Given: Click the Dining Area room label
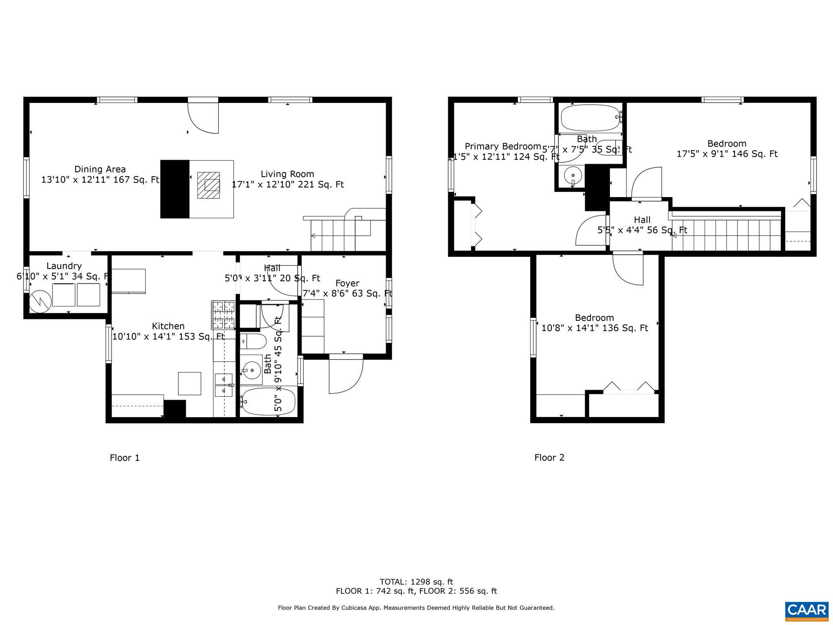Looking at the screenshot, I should coord(100,169).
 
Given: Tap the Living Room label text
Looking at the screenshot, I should coord(287,174).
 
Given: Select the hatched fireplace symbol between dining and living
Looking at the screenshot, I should coord(209,185).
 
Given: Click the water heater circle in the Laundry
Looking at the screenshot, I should coord(40,301).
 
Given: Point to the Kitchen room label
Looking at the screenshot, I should coord(168,326).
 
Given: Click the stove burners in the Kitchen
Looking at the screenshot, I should coord(223,315).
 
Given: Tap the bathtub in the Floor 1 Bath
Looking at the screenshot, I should coord(269,402).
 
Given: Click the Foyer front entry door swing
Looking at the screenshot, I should coord(345,376).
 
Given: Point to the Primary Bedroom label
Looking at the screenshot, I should coord(502,146).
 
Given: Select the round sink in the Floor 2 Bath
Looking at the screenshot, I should coord(573,176).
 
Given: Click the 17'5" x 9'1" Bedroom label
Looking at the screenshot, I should coord(727,144).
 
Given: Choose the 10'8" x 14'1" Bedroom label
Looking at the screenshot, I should coord(594,318).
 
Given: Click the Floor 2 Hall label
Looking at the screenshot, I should coord(642,220).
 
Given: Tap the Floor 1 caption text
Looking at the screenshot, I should coord(125,457).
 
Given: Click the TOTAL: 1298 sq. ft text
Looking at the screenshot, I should coord(416,582).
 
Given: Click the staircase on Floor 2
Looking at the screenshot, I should coord(727,235).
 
